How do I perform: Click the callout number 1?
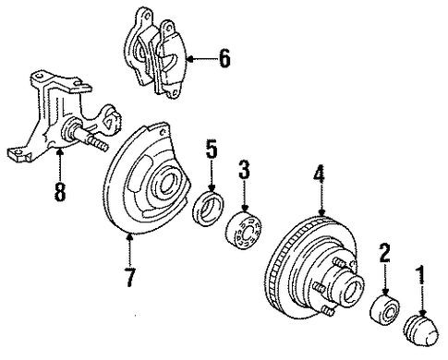point(421,275)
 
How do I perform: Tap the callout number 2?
point(384,253)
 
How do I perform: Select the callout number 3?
point(244,169)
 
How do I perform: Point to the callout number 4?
point(320,174)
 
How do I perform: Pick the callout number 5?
point(212,150)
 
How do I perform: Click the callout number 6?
point(224,58)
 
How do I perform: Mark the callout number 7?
point(130,277)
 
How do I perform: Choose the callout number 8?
point(60,191)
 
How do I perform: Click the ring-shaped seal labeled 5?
point(209,209)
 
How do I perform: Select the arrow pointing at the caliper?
point(201,59)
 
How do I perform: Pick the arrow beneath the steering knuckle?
point(60,164)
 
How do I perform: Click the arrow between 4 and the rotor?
point(321,199)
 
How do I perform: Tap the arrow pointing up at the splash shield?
point(130,250)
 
